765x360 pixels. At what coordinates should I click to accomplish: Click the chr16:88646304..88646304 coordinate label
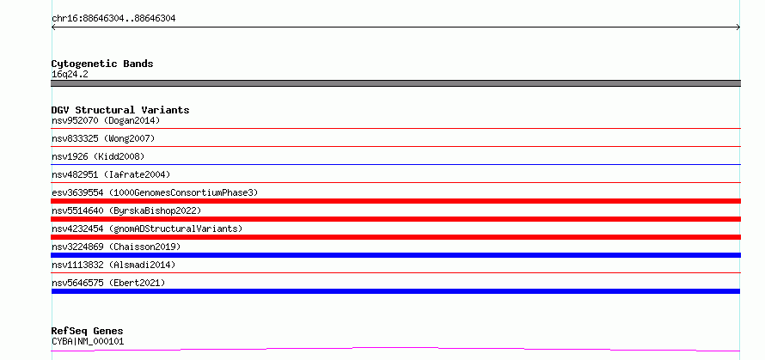pyautogui.click(x=113, y=19)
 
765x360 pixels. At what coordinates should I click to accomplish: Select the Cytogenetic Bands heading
pyautogui.click(x=102, y=64)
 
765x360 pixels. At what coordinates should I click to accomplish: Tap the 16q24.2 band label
pyautogui.click(x=70, y=75)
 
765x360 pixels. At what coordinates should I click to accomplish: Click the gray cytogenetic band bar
pyautogui.click(x=395, y=83)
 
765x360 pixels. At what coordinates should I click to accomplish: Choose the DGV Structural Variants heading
pyautogui.click(x=120, y=110)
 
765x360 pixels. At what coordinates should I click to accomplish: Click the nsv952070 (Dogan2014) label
pyautogui.click(x=106, y=120)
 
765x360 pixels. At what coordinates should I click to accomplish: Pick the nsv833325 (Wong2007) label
pyautogui.click(x=103, y=138)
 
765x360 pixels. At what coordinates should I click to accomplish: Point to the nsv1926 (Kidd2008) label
pyautogui.click(x=98, y=156)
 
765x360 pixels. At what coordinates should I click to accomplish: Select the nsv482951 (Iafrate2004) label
pyautogui.click(x=111, y=174)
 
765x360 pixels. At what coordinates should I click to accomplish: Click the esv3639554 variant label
pyautogui.click(x=155, y=192)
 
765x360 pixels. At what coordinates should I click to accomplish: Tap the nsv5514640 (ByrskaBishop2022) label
pyautogui.click(x=126, y=211)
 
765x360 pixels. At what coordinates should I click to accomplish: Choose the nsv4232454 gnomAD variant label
pyautogui.click(x=147, y=229)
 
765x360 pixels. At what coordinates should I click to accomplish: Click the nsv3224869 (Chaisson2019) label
pyautogui.click(x=116, y=247)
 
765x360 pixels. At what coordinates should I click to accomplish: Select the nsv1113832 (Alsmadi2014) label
pyautogui.click(x=113, y=265)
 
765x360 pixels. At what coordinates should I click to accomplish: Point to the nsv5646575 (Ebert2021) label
pyautogui.click(x=108, y=283)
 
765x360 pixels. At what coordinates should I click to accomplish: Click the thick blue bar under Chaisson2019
pyautogui.click(x=395, y=255)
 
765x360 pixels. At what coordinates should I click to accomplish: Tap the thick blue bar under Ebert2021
pyautogui.click(x=395, y=291)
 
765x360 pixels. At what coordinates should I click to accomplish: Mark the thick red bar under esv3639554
pyautogui.click(x=395, y=201)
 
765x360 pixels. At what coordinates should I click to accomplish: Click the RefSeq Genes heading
pyautogui.click(x=87, y=331)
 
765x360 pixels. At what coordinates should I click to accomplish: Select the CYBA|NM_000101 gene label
pyautogui.click(x=88, y=341)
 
